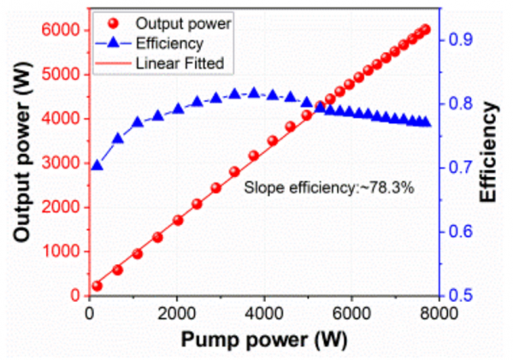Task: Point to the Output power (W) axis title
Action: coord(19,162)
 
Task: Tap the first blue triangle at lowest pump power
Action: coord(97,165)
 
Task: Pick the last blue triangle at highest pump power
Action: coord(425,122)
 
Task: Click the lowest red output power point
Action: coord(97,286)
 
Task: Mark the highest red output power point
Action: coord(425,30)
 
